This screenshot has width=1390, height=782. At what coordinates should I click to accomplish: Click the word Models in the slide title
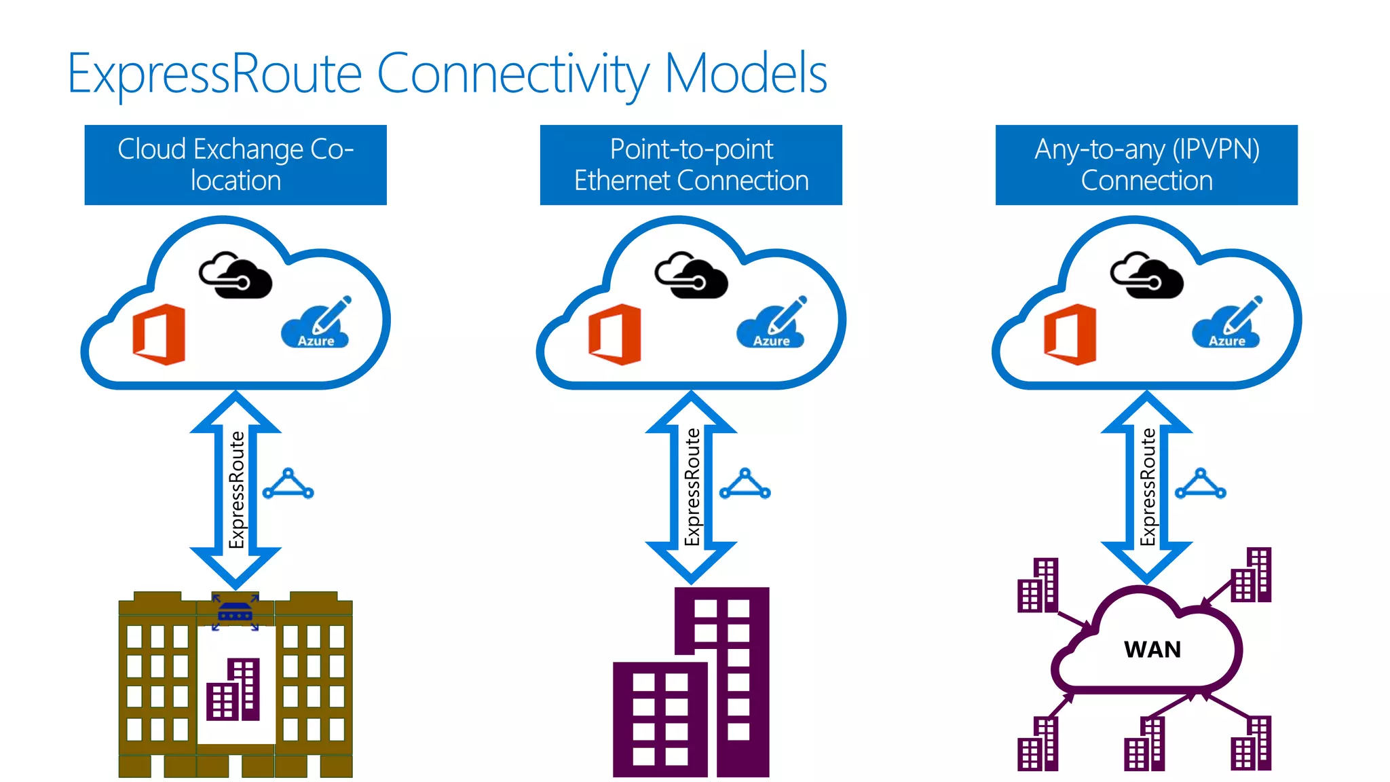[x=745, y=73]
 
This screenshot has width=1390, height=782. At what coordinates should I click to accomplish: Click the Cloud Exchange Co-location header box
[x=236, y=165]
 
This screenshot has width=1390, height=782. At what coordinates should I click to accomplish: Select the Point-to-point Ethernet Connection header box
[x=691, y=165]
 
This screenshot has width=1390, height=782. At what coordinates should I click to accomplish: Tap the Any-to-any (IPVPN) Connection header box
[x=1146, y=165]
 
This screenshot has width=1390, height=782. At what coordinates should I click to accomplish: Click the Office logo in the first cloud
[x=159, y=334]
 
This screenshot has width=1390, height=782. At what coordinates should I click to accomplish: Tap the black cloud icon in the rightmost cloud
[x=1146, y=275]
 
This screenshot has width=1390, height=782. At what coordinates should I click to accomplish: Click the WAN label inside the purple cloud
[x=1152, y=650]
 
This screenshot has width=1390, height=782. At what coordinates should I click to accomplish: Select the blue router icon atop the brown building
[x=236, y=613]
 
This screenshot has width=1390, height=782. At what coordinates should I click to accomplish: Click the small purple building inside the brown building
[x=233, y=690]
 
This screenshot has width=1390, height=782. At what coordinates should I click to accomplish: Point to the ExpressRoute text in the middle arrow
[x=692, y=487]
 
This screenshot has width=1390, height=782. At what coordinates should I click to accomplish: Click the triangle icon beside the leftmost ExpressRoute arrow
[x=288, y=484]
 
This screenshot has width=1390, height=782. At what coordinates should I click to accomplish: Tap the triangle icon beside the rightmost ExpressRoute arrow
[x=1200, y=484]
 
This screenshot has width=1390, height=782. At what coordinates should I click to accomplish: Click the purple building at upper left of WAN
[x=1038, y=585]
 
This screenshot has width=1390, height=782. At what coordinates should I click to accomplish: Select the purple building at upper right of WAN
[x=1251, y=576]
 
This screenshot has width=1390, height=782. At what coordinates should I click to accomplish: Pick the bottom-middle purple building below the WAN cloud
[x=1144, y=745]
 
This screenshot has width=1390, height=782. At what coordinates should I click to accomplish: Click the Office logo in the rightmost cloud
[x=1070, y=334]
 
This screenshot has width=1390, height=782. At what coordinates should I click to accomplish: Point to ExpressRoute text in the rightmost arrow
[x=1148, y=487]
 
